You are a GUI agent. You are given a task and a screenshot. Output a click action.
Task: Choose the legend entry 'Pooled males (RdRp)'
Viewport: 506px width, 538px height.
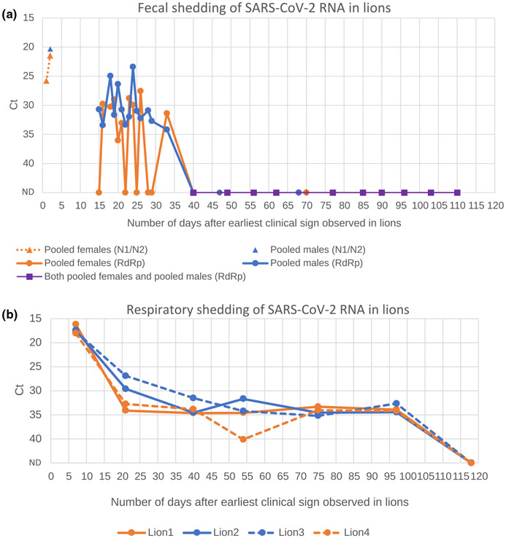tap(332, 262)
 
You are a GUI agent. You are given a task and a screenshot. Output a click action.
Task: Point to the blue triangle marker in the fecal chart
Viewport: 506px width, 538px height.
tap(50, 50)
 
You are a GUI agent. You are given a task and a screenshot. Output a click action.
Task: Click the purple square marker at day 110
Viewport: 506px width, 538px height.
tap(457, 192)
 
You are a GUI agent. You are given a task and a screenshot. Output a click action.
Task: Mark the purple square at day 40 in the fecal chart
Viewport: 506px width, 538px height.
tap(193, 192)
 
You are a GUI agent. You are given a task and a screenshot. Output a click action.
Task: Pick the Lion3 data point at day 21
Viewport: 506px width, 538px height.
tap(126, 375)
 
